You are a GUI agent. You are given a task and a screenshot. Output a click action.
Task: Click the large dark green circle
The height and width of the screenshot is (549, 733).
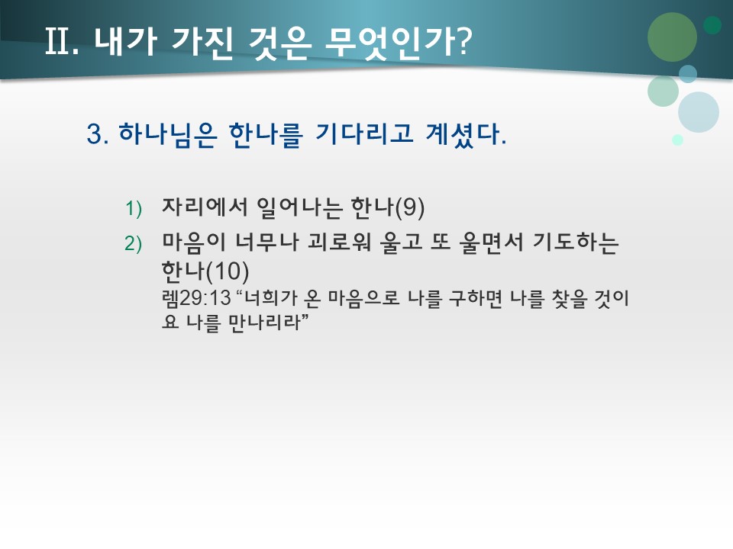tap(672, 37)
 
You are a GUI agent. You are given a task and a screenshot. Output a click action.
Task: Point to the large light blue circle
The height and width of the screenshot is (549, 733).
tap(698, 112)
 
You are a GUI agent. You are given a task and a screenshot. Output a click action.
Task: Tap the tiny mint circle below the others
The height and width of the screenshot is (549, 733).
tap(677, 140)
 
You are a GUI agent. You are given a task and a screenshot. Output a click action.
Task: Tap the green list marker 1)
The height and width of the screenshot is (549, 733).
tap(134, 208)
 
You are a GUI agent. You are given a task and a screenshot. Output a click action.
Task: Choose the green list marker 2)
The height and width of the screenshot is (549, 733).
tap(134, 243)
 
